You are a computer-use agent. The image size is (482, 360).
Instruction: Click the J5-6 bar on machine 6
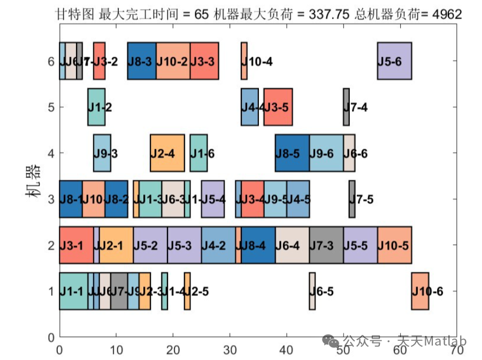tap(394, 61)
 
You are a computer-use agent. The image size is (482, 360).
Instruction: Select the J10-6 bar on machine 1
tap(420, 291)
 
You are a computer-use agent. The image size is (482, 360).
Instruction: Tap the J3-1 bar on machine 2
tap(76, 245)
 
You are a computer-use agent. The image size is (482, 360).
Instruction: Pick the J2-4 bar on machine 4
tap(167, 153)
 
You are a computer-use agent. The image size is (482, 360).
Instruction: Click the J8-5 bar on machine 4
tap(292, 153)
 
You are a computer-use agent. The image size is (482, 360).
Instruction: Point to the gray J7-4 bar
tap(346, 107)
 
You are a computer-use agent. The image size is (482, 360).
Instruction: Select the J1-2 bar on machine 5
tap(96, 107)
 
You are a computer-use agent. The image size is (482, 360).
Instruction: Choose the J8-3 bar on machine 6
tap(142, 61)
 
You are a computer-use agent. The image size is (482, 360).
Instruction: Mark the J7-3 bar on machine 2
tap(326, 245)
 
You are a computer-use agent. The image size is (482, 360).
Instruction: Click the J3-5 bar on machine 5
tap(278, 107)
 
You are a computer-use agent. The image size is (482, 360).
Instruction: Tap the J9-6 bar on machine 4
tap(326, 153)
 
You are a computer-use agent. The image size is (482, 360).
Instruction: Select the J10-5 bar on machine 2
tap(394, 245)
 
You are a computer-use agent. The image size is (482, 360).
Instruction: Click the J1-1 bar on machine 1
tap(73, 291)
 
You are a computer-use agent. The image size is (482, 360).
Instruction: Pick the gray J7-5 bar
tap(352, 199)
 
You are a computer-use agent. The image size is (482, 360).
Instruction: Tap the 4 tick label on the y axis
tap(51, 153)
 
